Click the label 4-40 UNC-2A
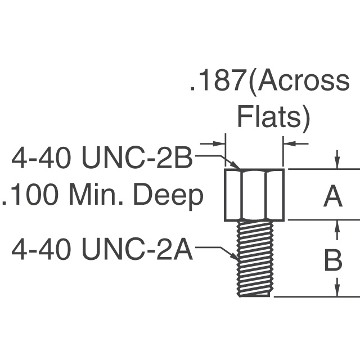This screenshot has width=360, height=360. point(102,249)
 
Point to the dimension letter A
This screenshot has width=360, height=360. point(332,197)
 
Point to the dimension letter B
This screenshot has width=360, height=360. point(332,261)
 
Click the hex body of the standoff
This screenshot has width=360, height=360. point(254,195)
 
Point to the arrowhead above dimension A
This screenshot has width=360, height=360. point(337,163)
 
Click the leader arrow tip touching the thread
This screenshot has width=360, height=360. point(236,258)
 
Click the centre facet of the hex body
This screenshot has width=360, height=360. point(254,195)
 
